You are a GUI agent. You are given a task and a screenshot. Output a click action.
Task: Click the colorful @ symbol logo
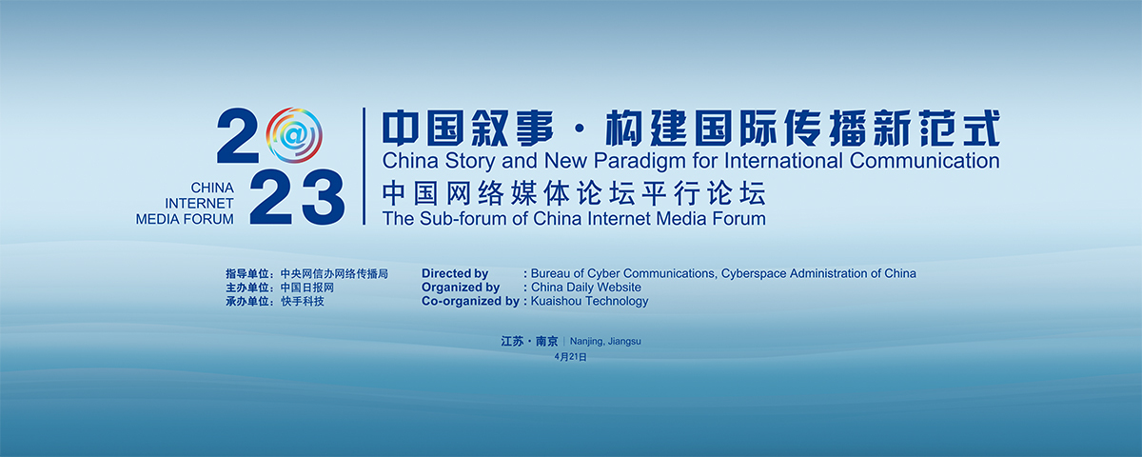(294, 135)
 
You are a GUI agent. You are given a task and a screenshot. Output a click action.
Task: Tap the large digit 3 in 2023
(324, 197)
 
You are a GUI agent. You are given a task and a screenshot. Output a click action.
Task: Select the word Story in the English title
(469, 162)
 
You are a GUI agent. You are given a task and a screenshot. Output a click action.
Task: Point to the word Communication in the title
(924, 161)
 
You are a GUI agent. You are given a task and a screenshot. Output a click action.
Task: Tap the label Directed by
(455, 274)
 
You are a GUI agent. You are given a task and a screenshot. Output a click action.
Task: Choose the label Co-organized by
(470, 302)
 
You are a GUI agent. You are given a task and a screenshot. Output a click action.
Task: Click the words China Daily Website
(586, 288)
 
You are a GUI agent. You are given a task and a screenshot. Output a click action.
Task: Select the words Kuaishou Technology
(589, 302)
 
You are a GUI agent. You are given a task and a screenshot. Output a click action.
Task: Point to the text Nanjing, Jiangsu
(605, 341)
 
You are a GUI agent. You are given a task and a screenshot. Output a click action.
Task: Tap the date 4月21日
(570, 357)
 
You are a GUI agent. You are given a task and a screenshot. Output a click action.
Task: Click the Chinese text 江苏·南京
(529, 341)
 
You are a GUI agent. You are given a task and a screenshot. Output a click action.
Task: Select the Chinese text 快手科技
(303, 302)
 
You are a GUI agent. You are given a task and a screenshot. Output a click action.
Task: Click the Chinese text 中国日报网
(306, 288)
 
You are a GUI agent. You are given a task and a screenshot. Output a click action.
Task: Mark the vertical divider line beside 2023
(364, 166)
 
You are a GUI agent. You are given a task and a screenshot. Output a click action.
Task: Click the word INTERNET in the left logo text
(199, 204)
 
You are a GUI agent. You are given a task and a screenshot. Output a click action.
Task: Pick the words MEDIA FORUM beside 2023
(185, 219)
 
